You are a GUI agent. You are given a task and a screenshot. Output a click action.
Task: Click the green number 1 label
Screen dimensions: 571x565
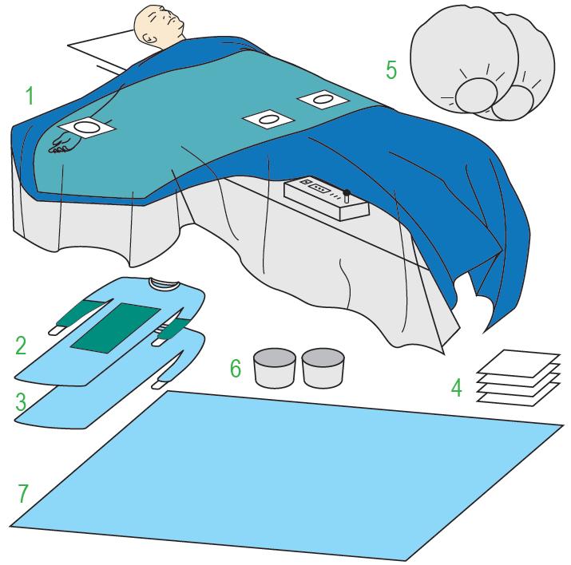point(30,95)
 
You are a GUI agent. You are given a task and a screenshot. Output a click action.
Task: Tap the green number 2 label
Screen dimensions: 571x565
point(21,346)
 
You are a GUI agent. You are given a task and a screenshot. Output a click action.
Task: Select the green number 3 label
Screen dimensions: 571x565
point(21,401)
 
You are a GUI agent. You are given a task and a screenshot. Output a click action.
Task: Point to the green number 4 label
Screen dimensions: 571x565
point(457,387)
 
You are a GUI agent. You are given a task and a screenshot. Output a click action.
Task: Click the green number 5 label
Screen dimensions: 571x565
point(391,70)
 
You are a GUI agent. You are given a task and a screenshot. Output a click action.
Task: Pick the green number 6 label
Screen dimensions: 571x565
point(236,368)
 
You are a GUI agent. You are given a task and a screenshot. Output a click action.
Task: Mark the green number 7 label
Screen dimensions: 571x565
point(23,493)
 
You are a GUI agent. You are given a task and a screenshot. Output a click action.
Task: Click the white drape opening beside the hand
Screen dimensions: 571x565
point(87,128)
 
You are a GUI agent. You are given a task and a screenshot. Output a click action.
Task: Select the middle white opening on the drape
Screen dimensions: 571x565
point(269,120)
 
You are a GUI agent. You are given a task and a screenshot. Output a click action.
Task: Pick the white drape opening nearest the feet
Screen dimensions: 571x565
point(323,99)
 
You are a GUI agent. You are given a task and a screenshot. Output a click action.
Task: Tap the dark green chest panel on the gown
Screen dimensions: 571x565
point(116,327)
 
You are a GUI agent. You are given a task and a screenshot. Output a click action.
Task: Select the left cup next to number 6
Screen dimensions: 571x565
point(274,368)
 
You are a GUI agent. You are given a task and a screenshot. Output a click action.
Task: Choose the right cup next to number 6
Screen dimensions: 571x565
point(323,368)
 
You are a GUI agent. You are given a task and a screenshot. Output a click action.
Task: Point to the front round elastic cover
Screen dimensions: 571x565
point(464,58)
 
